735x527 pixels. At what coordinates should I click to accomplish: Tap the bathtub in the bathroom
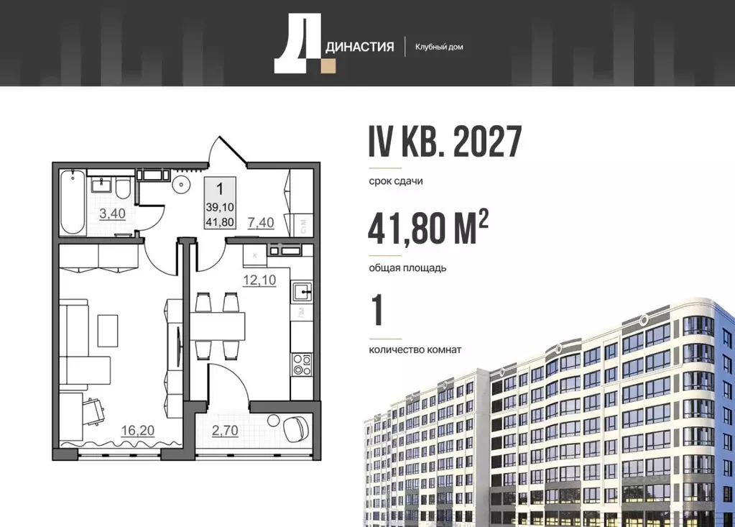(73, 202)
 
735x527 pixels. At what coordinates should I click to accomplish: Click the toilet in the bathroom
(123, 189)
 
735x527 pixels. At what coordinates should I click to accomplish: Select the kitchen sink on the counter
(302, 292)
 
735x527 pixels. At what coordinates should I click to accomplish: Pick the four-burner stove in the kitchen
(302, 364)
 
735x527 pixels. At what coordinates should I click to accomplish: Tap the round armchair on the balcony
(295, 429)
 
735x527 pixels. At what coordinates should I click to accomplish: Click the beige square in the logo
(328, 66)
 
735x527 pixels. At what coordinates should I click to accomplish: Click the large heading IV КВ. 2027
(445, 142)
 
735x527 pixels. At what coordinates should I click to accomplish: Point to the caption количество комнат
(415, 349)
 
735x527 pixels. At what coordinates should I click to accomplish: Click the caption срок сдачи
(395, 181)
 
